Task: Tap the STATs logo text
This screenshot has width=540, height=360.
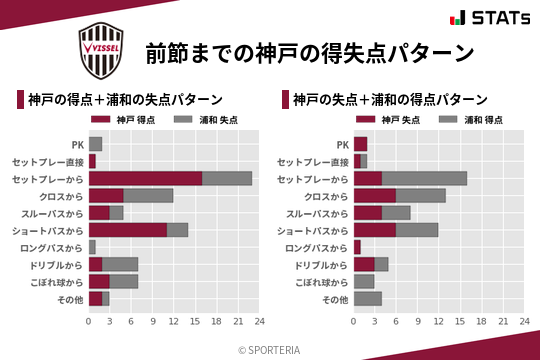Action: pyautogui.click(x=495, y=18)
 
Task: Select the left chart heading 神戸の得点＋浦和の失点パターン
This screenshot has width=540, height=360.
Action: pyautogui.click(x=125, y=100)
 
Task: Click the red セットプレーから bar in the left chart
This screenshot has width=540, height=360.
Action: pyautogui.click(x=145, y=178)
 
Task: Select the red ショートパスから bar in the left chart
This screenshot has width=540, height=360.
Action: pyautogui.click(x=127, y=229)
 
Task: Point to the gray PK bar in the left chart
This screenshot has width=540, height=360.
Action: pyautogui.click(x=95, y=144)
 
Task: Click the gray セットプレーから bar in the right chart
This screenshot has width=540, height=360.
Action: pyautogui.click(x=424, y=178)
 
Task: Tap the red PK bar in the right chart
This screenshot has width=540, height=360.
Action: pyautogui.click(x=360, y=144)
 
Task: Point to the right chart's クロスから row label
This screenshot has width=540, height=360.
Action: pyautogui.click(x=326, y=196)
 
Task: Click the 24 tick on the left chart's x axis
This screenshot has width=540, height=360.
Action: pyautogui.click(x=258, y=322)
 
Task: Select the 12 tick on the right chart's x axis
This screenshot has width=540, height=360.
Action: pyautogui.click(x=438, y=322)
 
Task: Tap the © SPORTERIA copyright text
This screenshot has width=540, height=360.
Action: pyautogui.click(x=270, y=349)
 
